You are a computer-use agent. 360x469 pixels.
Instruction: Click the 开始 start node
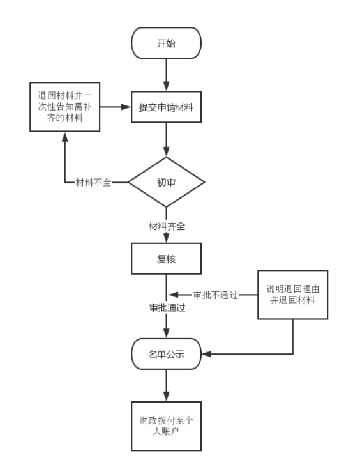click(x=166, y=43)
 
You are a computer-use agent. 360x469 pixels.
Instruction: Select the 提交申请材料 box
click(x=166, y=107)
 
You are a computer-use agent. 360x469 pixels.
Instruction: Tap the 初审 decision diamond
click(x=166, y=182)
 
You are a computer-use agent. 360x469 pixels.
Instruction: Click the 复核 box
click(x=166, y=259)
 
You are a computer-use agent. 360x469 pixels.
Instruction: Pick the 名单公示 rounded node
click(x=166, y=354)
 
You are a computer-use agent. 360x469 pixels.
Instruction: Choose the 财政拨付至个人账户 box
click(x=166, y=426)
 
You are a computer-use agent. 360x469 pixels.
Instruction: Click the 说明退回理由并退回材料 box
click(x=292, y=295)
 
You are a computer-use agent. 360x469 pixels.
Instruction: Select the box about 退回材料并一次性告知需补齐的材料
click(x=65, y=107)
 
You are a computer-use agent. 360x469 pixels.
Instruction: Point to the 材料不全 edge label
click(x=93, y=182)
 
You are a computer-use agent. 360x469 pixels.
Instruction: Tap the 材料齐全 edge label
click(x=167, y=226)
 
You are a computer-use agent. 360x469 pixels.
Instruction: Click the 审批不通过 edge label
click(x=215, y=295)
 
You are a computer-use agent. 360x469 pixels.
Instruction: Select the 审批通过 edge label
click(x=167, y=307)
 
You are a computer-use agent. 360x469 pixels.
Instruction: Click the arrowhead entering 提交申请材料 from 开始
click(x=166, y=86)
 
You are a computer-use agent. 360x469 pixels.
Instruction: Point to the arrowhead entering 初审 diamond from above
click(x=166, y=151)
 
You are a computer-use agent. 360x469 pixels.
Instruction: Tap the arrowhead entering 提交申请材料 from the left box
click(x=126, y=107)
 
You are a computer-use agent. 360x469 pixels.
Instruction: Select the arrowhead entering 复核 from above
click(x=166, y=238)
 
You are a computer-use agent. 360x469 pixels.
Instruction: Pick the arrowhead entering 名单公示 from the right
click(x=206, y=354)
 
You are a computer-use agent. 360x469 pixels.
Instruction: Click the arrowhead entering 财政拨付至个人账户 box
click(x=166, y=396)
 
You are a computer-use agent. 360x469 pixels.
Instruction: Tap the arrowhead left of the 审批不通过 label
click(x=174, y=295)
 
